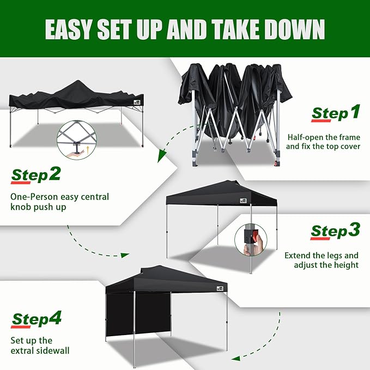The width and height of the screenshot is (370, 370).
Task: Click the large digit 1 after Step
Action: coord(355,112)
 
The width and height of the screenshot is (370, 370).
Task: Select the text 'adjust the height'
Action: coord(326,265)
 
